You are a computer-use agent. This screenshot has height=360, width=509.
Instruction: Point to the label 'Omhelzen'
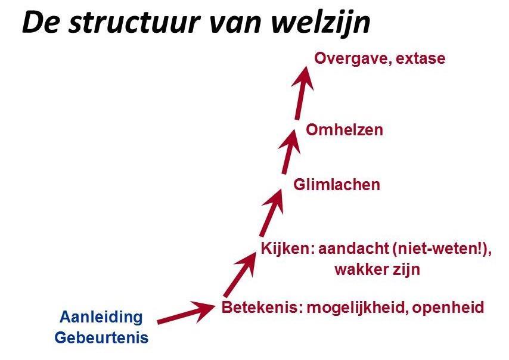coord(344,129)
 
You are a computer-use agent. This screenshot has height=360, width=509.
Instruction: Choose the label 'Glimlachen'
coord(336,185)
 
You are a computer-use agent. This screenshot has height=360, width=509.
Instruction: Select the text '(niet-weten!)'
coord(442,249)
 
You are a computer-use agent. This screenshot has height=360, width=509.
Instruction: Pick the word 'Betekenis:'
coord(257,308)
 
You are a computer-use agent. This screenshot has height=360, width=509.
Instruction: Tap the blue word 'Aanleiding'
coord(101,316)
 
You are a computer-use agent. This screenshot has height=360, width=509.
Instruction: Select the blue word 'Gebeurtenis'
coord(101,338)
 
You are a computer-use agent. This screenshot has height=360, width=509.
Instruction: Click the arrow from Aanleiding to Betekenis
coord(185,313)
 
